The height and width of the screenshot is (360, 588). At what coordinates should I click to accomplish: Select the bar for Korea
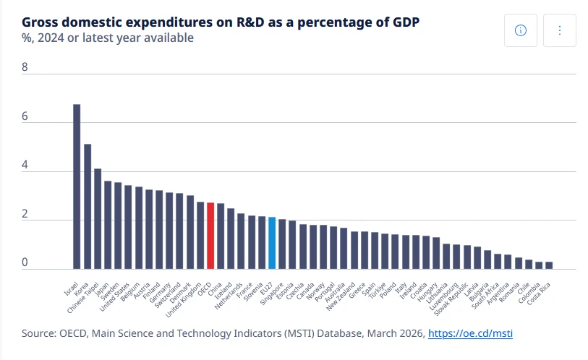point(88,207)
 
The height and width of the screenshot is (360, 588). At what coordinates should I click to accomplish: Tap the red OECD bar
point(210,236)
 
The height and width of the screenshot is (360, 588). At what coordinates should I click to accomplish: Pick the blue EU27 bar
point(272,243)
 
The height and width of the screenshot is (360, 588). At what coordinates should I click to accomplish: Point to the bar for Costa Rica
point(549,265)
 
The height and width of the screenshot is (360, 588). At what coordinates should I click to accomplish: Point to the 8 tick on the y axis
point(25,68)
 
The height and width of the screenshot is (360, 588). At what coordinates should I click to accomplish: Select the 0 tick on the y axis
point(25,263)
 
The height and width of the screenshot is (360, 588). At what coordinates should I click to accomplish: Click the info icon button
point(521,30)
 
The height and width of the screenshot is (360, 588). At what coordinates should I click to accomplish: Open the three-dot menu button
point(560,30)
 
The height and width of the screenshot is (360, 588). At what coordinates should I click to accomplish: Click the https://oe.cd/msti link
point(471,333)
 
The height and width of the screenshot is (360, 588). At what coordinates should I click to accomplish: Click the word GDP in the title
point(406,22)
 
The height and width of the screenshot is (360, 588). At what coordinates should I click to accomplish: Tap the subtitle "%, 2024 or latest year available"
point(108,38)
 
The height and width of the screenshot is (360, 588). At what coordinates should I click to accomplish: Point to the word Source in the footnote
point(38,333)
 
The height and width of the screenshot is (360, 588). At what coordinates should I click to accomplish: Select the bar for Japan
point(108,225)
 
